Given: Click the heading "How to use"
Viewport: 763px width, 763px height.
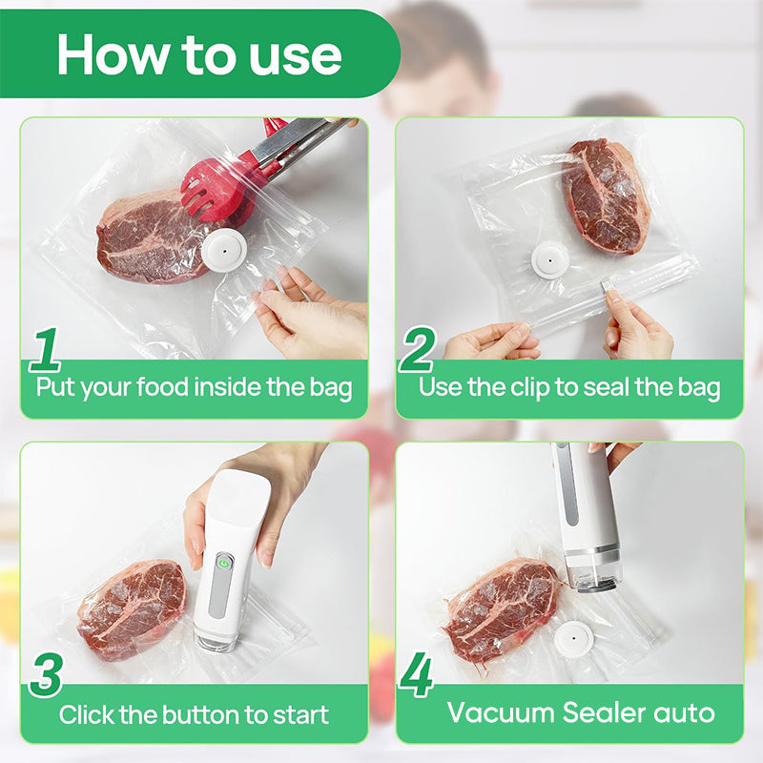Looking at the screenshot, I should point(198,54).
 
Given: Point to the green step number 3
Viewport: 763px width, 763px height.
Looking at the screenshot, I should point(46,675).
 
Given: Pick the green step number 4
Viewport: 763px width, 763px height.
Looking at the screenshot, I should point(416,675).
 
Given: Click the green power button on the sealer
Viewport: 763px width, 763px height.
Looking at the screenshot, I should point(222,563).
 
